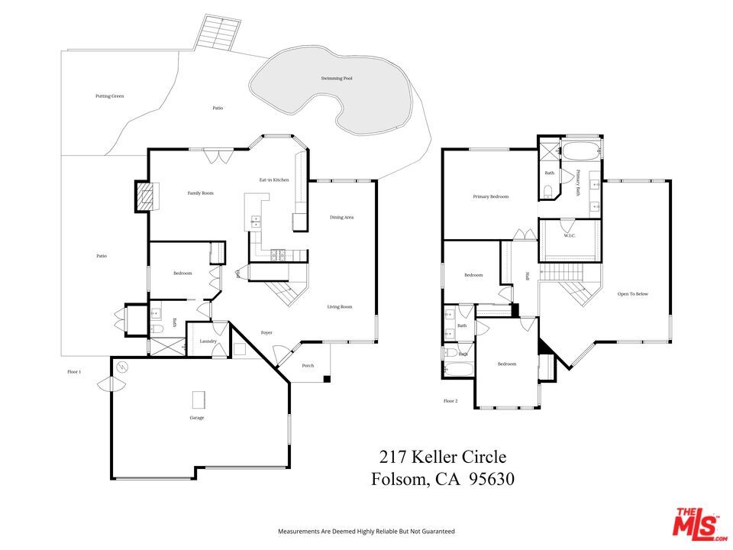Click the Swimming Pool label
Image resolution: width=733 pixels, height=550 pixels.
(336, 79)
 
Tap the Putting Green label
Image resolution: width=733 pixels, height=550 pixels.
(109, 96)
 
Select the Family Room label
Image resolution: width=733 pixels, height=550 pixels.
(201, 193)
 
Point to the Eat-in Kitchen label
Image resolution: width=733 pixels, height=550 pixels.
(274, 180)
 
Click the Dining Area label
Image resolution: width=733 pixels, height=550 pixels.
(341, 218)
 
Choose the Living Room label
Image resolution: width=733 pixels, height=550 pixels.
(340, 307)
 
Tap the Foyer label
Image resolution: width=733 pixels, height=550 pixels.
(266, 332)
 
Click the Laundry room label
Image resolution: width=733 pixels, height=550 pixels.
(208, 341)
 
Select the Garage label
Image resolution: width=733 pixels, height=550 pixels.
(197, 418)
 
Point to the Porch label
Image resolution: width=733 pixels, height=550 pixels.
(308, 366)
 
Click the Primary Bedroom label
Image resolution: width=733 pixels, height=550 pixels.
(490, 197)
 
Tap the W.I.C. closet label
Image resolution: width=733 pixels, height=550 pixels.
(570, 235)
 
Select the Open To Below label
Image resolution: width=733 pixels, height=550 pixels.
(633, 294)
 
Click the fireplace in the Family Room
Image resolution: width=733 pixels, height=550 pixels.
(144, 196)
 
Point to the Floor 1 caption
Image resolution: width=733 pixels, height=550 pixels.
(74, 372)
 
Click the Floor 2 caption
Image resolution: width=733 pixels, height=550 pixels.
(450, 400)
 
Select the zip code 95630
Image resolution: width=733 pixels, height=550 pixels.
(488, 480)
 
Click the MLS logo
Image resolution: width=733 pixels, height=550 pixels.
(696, 523)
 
